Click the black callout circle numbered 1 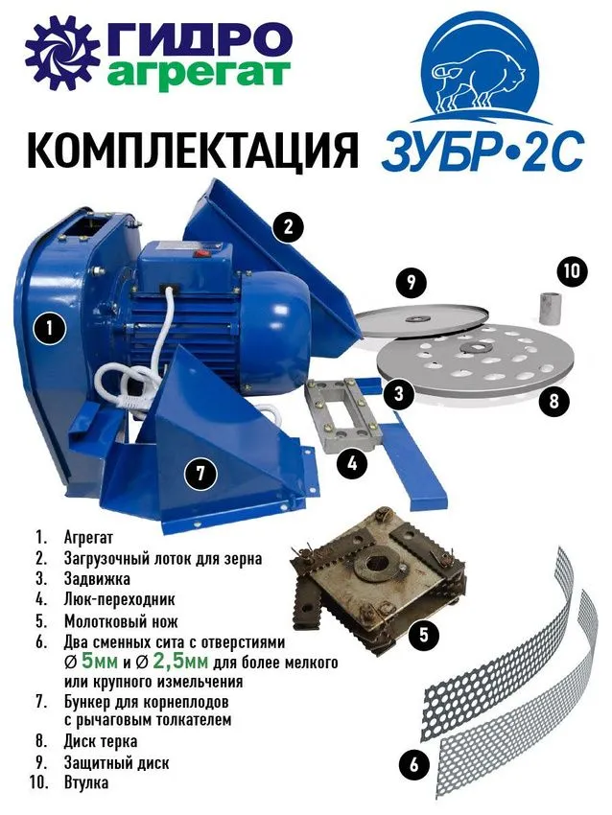[49, 329]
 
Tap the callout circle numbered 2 [288, 226]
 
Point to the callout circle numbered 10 [572, 270]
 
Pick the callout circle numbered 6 [413, 764]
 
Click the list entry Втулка [86, 782]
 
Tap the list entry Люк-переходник [120, 599]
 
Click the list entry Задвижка [97, 578]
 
